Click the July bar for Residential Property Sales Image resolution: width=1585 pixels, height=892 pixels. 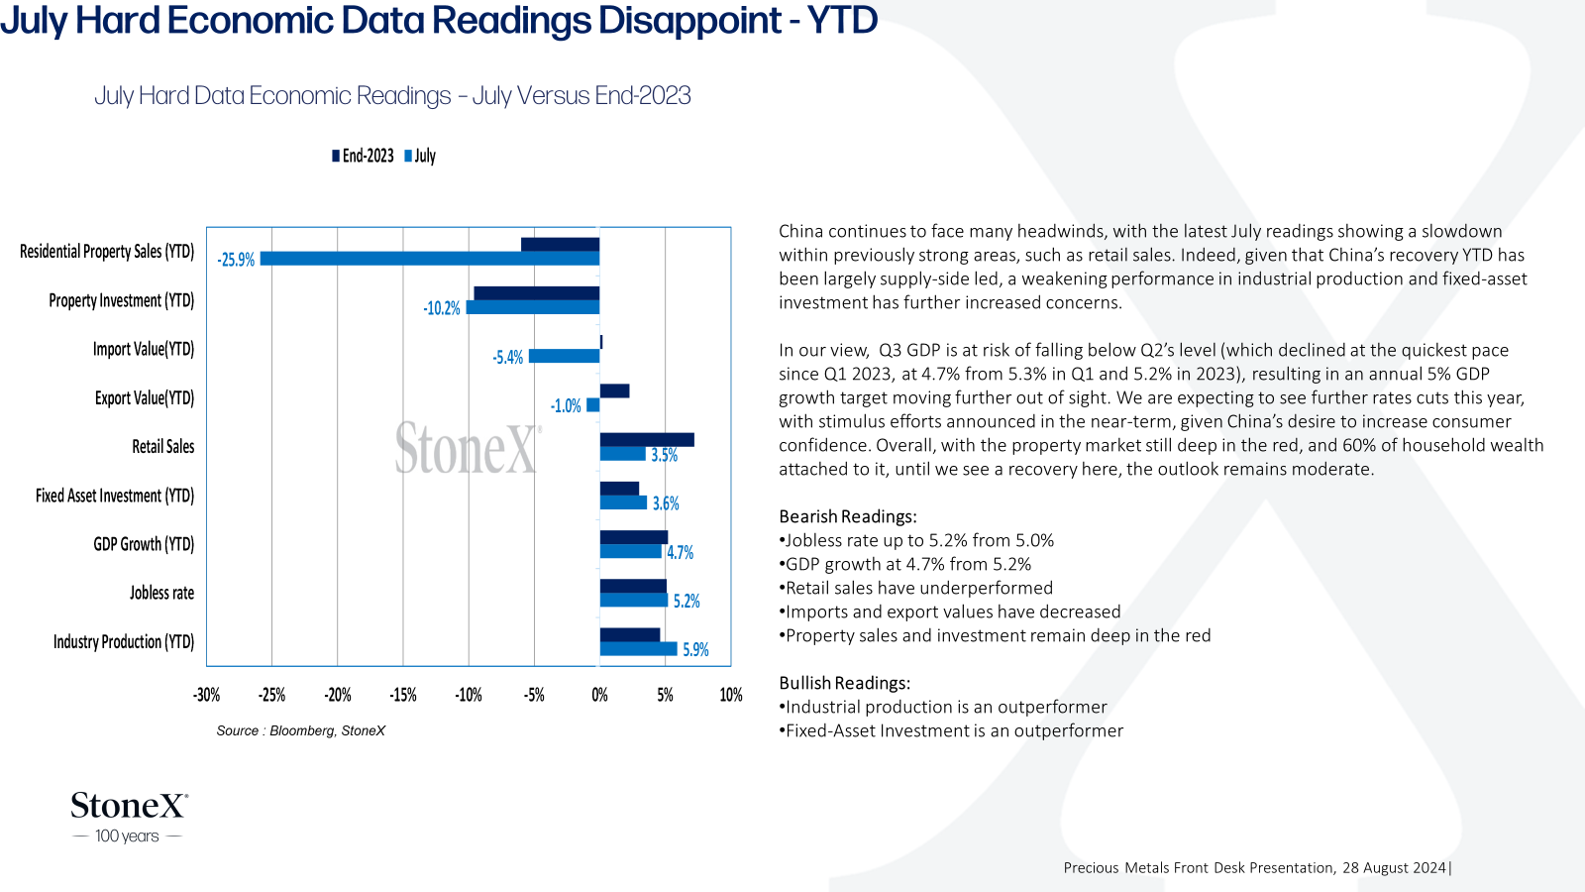coord(430,259)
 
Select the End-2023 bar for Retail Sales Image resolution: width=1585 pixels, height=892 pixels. coord(647,440)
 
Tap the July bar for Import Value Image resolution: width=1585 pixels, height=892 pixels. coord(564,356)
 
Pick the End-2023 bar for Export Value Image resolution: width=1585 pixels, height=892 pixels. coord(614,390)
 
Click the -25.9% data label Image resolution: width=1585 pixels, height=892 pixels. coord(236,260)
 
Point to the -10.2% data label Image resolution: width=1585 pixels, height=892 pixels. coord(442,308)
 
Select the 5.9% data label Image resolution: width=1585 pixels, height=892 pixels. coord(695,650)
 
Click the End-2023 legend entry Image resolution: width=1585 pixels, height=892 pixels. coord(363,156)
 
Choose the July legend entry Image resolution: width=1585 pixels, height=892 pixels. coord(420,156)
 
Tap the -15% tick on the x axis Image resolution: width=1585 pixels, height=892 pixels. coord(402,695)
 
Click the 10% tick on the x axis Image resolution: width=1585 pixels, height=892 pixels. coord(731,695)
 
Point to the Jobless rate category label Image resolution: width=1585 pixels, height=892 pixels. coord(162,593)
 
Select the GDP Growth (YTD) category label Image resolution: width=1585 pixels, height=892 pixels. coord(144,544)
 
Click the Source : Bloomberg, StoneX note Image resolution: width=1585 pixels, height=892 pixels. coord(301,730)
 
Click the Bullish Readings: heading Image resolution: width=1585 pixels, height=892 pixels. coord(845,683)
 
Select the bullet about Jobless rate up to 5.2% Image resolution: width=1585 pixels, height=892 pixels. coord(916,540)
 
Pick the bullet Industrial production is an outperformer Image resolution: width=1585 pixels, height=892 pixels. coord(943,707)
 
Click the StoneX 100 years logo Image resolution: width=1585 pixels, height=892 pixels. coord(129,818)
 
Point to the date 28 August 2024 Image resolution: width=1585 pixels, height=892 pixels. coord(1394,868)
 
